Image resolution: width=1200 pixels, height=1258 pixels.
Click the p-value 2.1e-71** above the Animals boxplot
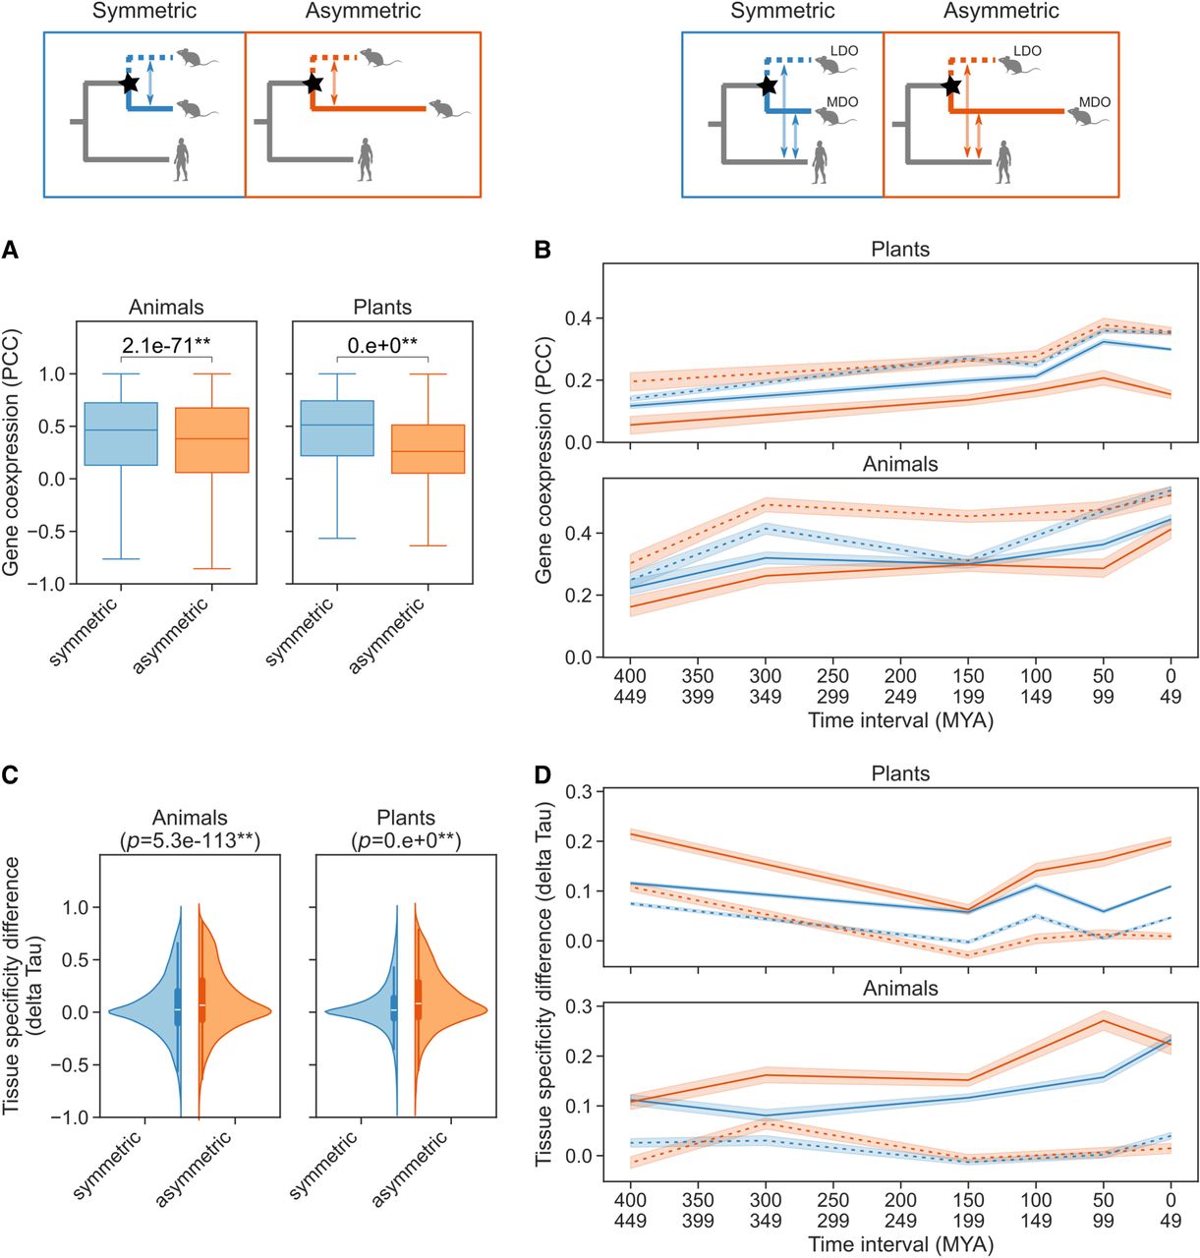pos(166,346)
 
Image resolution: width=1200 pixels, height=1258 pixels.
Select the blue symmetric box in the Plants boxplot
pos(337,429)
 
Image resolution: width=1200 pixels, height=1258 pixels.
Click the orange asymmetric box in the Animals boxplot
pos(211,440)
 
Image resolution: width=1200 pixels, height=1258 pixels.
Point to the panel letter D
pos(543,775)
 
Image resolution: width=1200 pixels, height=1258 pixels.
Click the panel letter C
pos(10,775)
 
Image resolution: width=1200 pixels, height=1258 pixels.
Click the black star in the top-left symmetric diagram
pos(129,84)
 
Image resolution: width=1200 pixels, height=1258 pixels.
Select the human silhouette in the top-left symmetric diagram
pos(182,159)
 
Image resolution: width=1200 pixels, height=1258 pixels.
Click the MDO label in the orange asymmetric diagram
pos(1095,102)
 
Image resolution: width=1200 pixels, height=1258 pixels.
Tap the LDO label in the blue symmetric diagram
pos(843,51)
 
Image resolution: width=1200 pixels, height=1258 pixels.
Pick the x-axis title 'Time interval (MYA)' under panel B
pos(900,721)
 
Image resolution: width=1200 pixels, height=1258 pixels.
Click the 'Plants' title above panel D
pos(900,773)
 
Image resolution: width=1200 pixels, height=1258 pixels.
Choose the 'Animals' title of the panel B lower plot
pos(900,464)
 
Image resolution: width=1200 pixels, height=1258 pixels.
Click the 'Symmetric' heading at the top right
pos(782,11)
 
